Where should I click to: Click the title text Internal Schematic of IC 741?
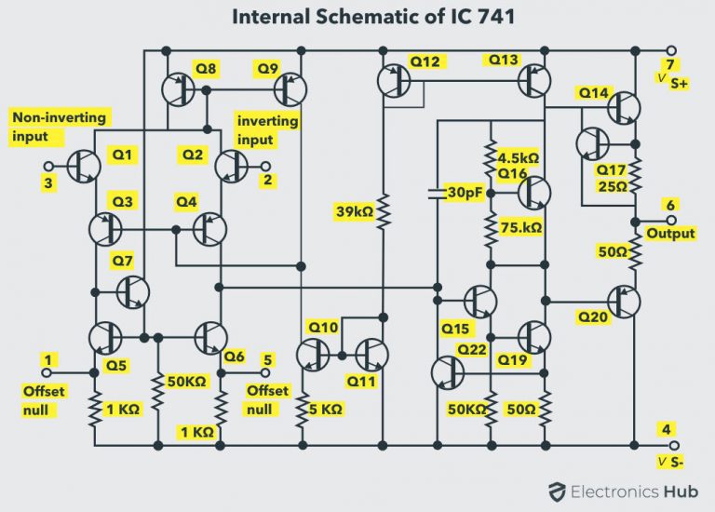pyautogui.click(x=357, y=17)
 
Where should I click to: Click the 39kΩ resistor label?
pyautogui.click(x=354, y=212)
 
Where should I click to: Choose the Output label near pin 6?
pyautogui.click(x=669, y=233)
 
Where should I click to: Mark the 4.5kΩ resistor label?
pyautogui.click(x=519, y=156)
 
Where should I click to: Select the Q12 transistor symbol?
pyautogui.click(x=394, y=81)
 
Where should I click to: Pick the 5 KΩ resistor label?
pyautogui.click(x=325, y=409)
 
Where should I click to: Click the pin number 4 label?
pyautogui.click(x=664, y=429)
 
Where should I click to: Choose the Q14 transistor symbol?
pyautogui.click(x=623, y=109)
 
